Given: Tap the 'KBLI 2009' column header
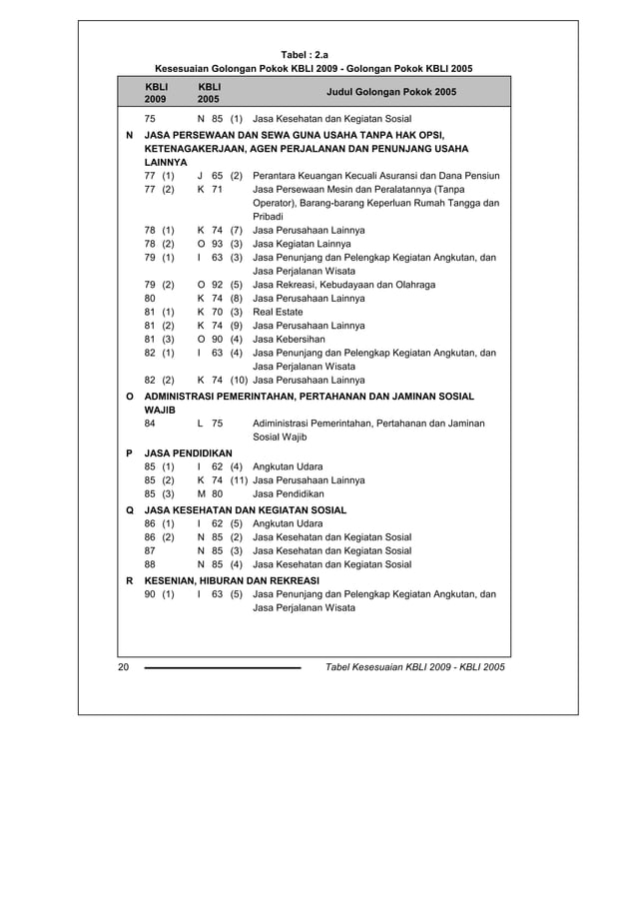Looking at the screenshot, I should click(x=156, y=93).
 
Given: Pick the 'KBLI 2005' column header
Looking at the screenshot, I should click(x=209, y=93).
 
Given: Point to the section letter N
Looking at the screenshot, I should click(x=129, y=134).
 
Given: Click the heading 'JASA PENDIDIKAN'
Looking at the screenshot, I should click(x=188, y=452).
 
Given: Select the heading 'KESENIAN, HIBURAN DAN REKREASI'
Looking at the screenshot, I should click(x=232, y=580).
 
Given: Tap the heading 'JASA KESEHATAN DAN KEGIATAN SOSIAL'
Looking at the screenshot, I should click(x=246, y=509).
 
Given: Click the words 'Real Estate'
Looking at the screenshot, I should click(x=278, y=312).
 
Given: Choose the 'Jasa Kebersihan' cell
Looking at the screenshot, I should click(x=289, y=339).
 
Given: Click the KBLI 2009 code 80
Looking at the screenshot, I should click(x=150, y=298).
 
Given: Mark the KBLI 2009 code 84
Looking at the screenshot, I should click(x=150, y=424).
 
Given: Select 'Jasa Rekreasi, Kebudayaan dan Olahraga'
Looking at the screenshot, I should click(x=343, y=285).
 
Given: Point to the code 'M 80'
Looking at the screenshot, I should click(x=210, y=493).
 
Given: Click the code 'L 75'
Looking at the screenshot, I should click(x=210, y=424).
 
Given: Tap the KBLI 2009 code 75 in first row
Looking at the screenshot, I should click(x=150, y=118).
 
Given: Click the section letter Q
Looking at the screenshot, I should click(x=129, y=509).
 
